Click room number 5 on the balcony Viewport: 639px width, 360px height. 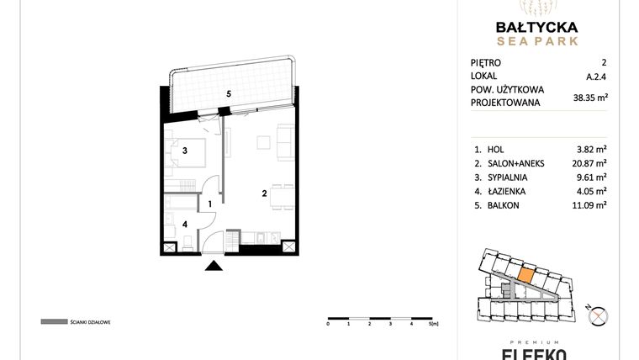[228, 94]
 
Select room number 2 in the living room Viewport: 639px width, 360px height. [264, 193]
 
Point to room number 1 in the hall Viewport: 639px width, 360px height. [210, 203]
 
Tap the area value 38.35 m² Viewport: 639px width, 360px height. [589, 97]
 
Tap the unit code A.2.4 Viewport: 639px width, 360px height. [596, 76]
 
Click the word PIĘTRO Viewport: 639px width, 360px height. [486, 62]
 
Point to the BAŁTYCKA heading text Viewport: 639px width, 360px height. [535, 26]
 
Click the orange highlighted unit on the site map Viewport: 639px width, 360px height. [525, 273]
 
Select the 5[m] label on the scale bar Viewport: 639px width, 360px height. [435, 324]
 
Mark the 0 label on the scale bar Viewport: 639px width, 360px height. [328, 324]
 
